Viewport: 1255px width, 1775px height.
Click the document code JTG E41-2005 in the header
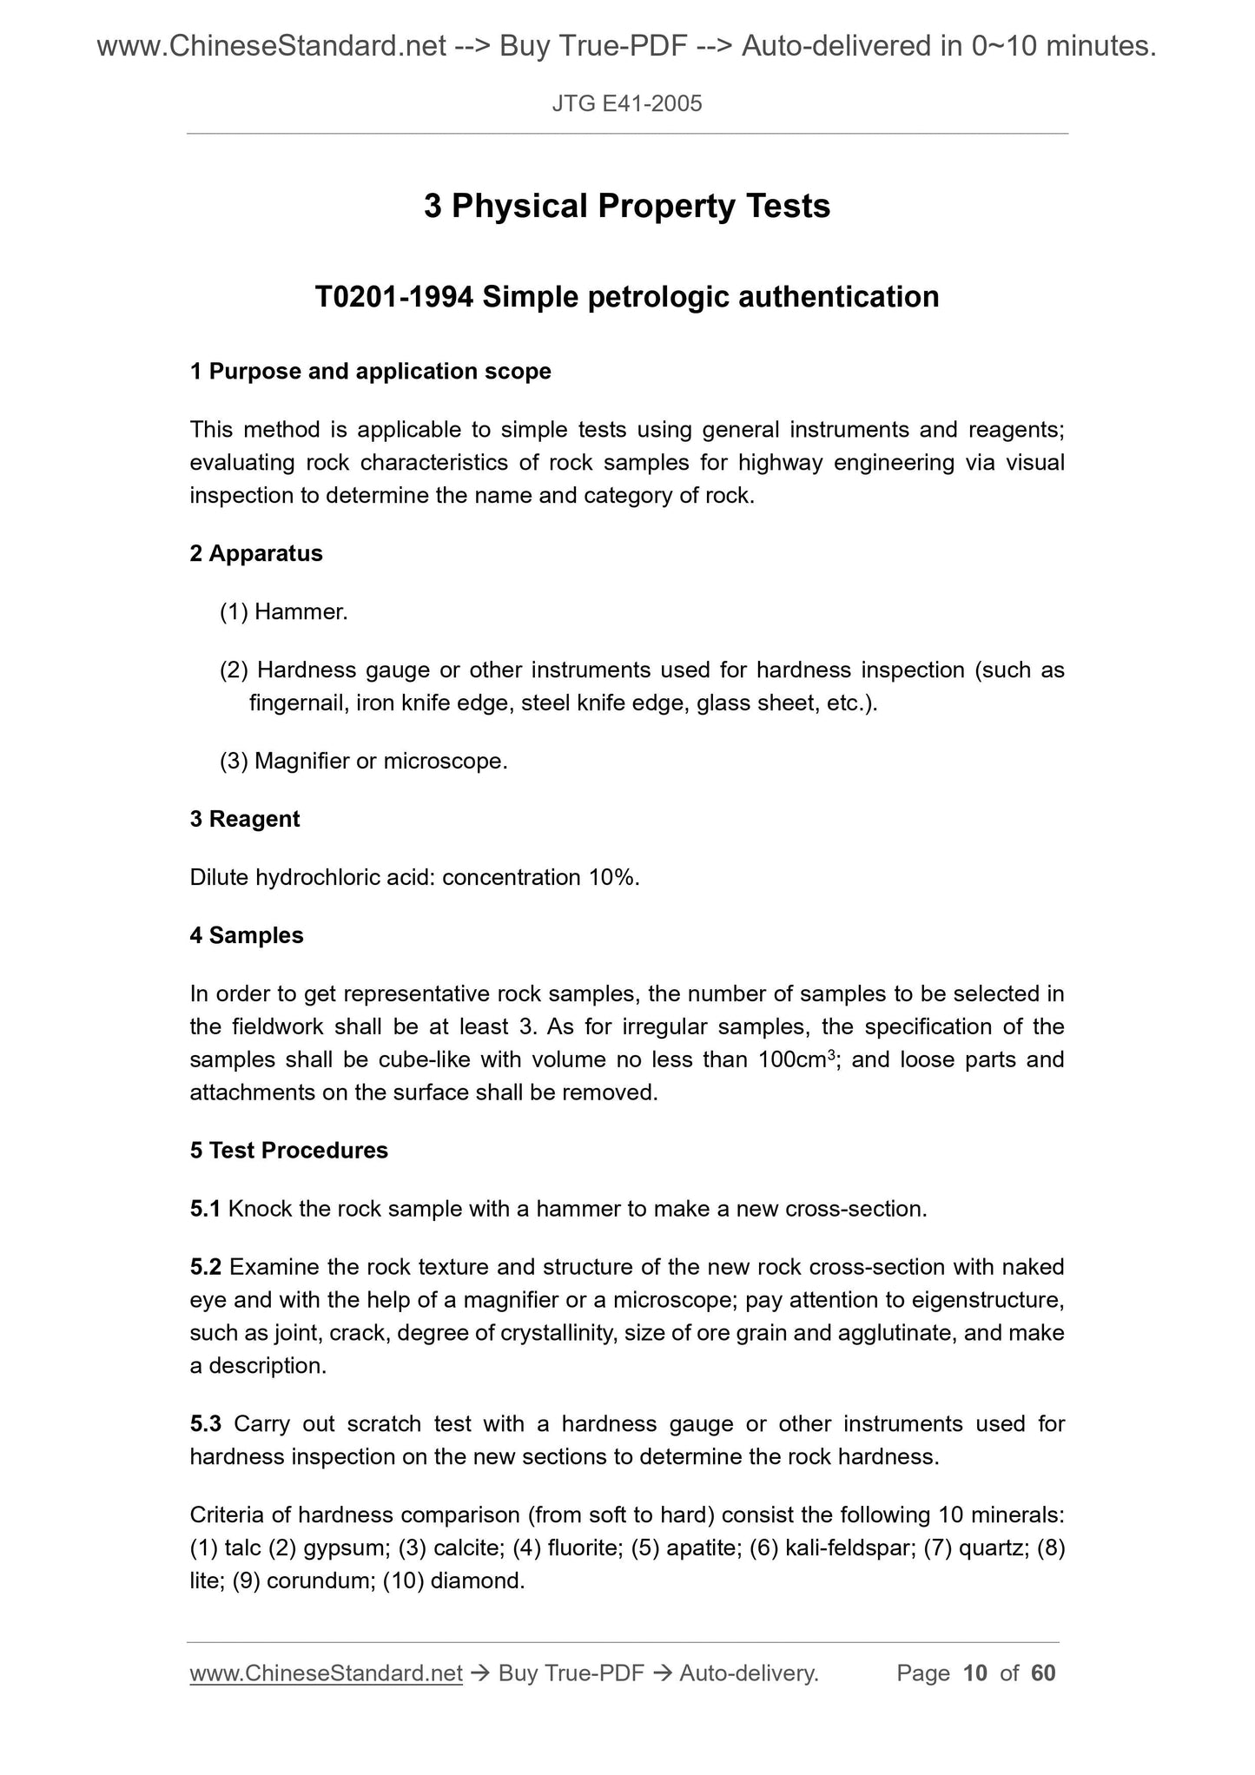[x=627, y=104]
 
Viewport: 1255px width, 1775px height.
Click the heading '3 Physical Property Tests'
[x=627, y=207]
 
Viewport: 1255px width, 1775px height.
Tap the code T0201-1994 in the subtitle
[x=393, y=298]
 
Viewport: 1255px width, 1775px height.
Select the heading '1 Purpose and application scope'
[x=370, y=372]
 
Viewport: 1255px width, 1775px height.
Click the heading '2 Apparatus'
[x=256, y=553]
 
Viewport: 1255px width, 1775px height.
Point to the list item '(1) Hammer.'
[x=284, y=612]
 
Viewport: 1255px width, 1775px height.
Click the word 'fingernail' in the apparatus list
[x=298, y=703]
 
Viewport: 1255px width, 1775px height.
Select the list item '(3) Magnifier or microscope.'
[x=364, y=762]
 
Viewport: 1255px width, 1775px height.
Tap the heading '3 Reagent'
[x=245, y=819]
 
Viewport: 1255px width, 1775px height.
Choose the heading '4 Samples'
[x=247, y=935]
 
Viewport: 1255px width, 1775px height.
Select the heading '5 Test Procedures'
[x=288, y=1151]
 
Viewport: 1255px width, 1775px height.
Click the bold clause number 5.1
[x=206, y=1209]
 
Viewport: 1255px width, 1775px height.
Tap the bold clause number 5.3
[x=206, y=1424]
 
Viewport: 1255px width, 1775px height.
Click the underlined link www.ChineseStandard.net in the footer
[x=326, y=1673]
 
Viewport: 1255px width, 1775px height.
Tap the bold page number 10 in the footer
[x=975, y=1673]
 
